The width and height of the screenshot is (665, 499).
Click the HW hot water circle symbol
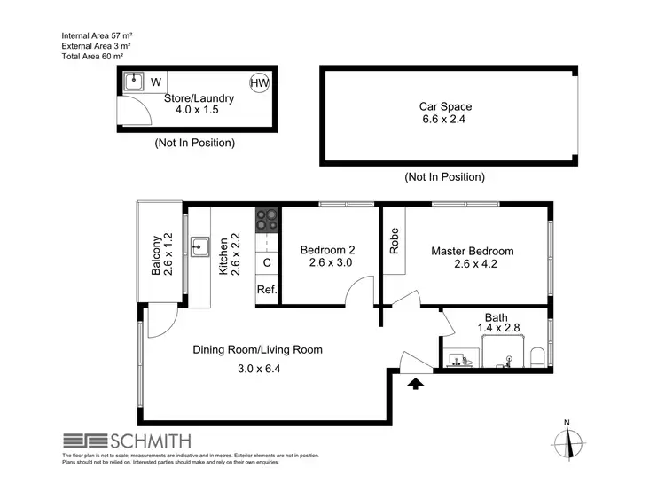(x=259, y=82)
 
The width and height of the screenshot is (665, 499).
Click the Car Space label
(x=445, y=106)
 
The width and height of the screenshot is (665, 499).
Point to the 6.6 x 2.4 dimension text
(x=445, y=121)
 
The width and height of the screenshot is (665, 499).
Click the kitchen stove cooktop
(x=267, y=220)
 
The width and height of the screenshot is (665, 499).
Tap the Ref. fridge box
(x=267, y=290)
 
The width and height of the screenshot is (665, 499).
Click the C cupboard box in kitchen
(x=267, y=263)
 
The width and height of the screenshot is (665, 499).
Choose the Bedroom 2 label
(x=327, y=250)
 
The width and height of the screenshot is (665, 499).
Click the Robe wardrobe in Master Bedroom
(x=394, y=242)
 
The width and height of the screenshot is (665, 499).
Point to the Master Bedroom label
(x=472, y=251)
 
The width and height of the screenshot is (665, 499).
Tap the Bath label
(x=496, y=316)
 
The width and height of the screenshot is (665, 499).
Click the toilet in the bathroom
(x=538, y=356)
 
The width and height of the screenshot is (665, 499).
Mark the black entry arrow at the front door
(x=414, y=383)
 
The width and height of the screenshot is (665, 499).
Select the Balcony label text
(x=156, y=255)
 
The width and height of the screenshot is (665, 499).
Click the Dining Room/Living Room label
(x=257, y=349)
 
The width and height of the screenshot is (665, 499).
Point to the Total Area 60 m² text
(x=98, y=55)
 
